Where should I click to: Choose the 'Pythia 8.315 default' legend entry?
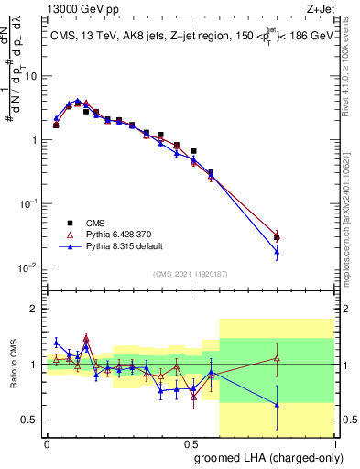[x=128, y=246]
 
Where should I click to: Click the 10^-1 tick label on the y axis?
[x=29, y=203]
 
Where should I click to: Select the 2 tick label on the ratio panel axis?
[x=37, y=309]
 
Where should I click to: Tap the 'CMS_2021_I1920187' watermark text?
[x=191, y=273]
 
